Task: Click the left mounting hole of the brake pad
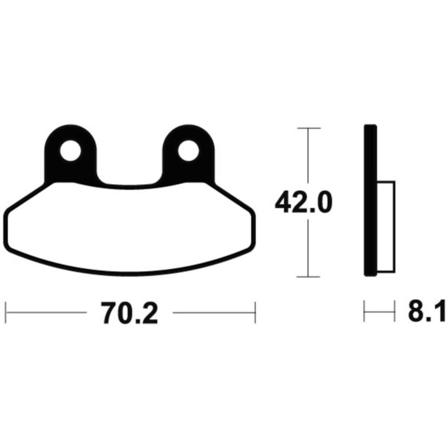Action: [x=70, y=151]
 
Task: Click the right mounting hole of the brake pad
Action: [x=189, y=151]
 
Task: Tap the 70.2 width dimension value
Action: [x=129, y=313]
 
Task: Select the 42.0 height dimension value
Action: [x=304, y=202]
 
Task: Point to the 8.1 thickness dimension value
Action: [x=427, y=311]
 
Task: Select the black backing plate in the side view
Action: [x=371, y=200]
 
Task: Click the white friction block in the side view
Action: [x=386, y=227]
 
